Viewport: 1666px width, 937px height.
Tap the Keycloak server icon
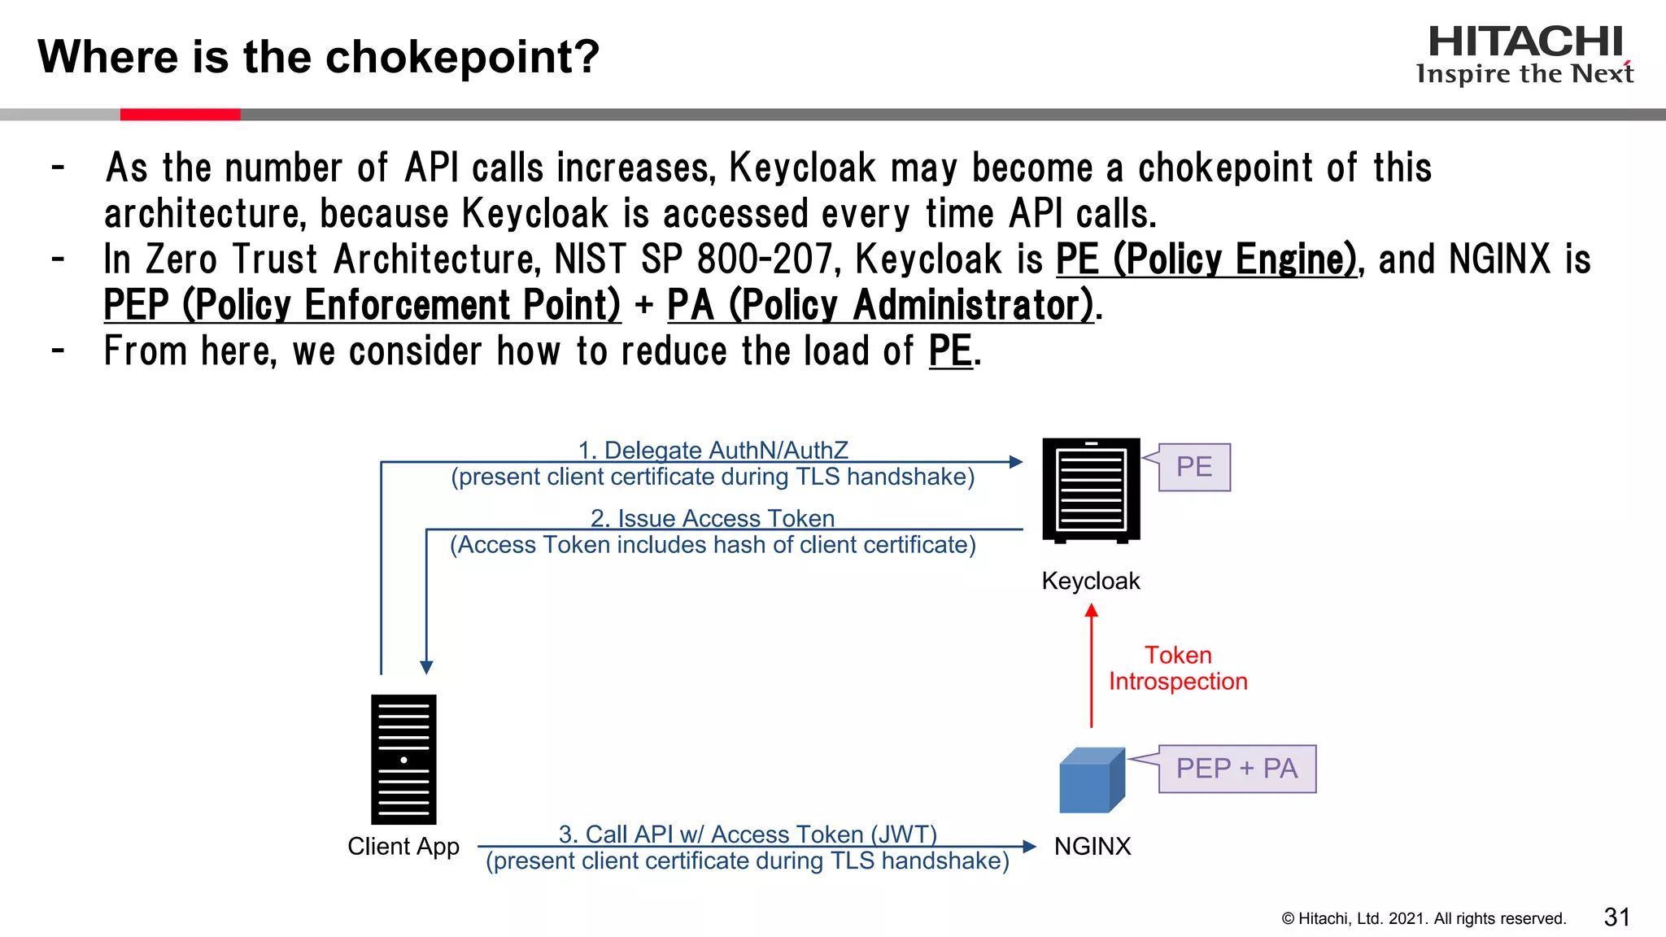coord(1091,490)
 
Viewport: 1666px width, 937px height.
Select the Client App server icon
coord(403,759)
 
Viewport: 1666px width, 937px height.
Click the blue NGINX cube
coord(1092,781)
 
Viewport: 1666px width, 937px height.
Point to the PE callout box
coord(1194,467)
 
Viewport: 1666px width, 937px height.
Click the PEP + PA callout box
coord(1236,769)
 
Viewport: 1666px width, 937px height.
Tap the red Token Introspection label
coord(1178,668)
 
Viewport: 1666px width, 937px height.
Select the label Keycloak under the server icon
coord(1091,581)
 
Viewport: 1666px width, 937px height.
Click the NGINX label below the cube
coord(1092,846)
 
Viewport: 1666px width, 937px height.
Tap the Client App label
coord(403,846)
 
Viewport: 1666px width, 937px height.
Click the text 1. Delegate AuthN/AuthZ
coord(713,450)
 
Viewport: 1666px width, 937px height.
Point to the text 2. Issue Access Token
coord(713,518)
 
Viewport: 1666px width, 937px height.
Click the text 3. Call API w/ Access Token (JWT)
coord(748,834)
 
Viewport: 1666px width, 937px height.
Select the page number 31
coord(1617,917)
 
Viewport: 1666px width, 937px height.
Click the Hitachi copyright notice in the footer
coord(1424,918)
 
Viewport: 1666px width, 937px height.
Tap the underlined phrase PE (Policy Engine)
coord(1206,259)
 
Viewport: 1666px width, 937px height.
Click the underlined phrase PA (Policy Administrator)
coord(880,305)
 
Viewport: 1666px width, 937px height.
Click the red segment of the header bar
coord(180,115)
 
